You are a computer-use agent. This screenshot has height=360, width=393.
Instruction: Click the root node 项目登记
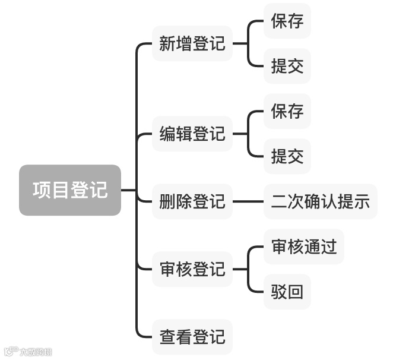click(70, 190)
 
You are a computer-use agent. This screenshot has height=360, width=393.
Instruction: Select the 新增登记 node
click(192, 43)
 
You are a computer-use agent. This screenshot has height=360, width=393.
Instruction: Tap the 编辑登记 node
click(192, 134)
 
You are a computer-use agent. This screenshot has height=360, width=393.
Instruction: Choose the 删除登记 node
click(192, 201)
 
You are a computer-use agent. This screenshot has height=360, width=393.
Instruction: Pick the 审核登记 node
click(192, 269)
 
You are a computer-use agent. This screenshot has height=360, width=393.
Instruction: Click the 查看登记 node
click(192, 337)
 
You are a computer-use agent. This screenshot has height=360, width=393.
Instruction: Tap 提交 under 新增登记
click(287, 66)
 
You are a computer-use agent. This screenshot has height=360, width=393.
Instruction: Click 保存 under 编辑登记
click(287, 111)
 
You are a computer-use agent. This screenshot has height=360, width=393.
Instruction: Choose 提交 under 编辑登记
click(287, 156)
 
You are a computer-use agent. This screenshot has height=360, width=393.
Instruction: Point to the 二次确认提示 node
click(321, 201)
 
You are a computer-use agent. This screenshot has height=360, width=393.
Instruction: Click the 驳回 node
click(287, 292)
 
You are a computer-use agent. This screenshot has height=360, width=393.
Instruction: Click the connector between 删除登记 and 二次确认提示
click(248, 201)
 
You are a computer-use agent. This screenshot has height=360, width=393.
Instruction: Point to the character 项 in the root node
click(42, 190)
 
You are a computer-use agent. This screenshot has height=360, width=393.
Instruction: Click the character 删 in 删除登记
click(167, 201)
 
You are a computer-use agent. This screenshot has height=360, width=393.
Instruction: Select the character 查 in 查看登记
click(167, 337)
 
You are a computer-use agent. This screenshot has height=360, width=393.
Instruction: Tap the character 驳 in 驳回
click(279, 292)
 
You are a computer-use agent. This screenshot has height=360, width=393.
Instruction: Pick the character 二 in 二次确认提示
click(279, 201)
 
